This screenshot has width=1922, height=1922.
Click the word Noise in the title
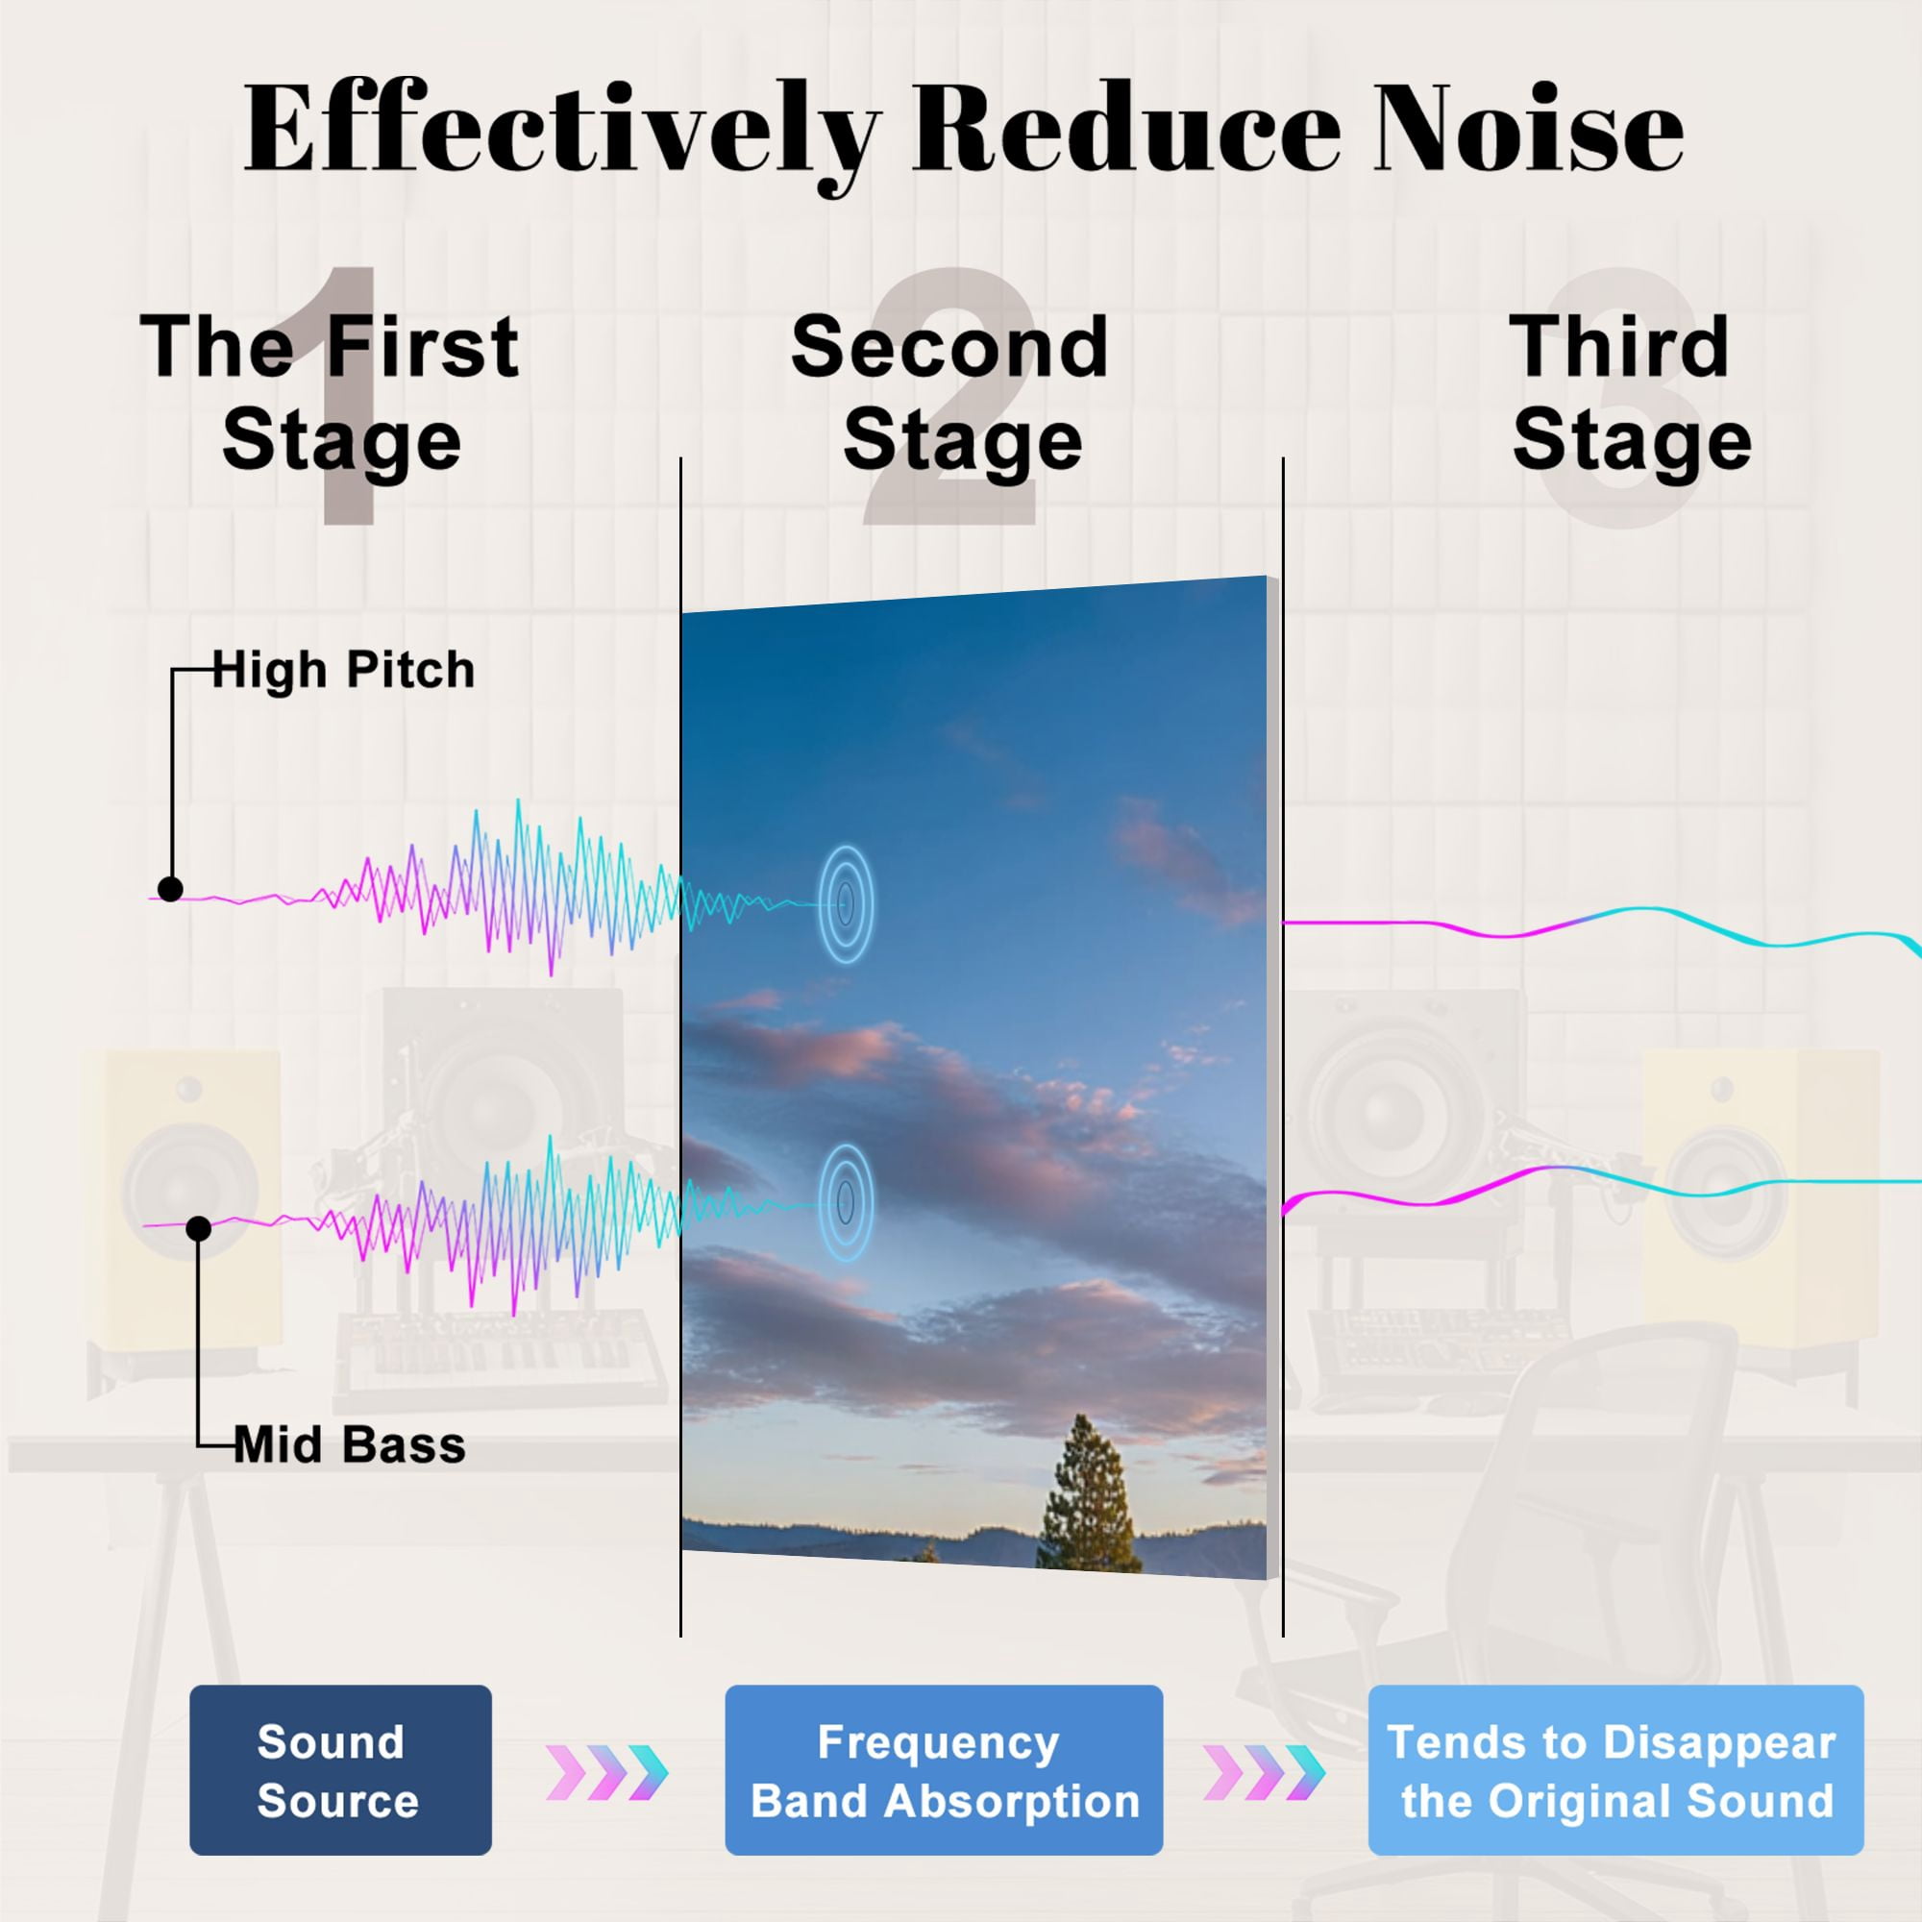click(x=1529, y=130)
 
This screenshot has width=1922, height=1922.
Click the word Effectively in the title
click(x=562, y=135)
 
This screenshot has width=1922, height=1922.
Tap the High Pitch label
click(x=343, y=670)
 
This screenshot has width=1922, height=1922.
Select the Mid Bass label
click(x=350, y=1444)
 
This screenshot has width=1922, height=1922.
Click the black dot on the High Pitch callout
click(x=170, y=888)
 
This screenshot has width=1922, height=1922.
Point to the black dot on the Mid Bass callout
click(x=199, y=1228)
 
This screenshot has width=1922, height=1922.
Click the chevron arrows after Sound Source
click(x=606, y=1773)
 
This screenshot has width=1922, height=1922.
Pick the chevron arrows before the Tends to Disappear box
click(x=1265, y=1773)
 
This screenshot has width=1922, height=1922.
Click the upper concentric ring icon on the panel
click(x=846, y=903)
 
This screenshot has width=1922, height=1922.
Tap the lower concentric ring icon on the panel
click(x=846, y=1203)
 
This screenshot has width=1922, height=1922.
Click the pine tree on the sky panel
click(x=1089, y=1492)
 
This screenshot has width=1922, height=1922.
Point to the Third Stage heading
click(x=1630, y=393)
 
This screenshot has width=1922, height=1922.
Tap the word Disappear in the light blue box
click(x=1720, y=1744)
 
